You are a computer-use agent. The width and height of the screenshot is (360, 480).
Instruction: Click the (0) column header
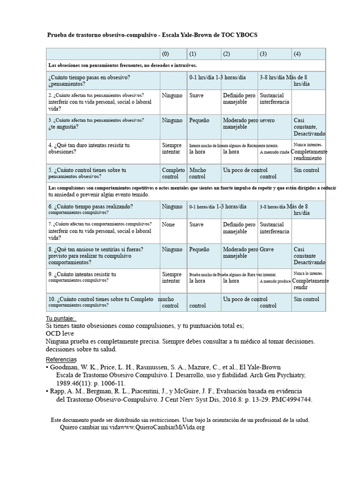pyautogui.click(x=165, y=54)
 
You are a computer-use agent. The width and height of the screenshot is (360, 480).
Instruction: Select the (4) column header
pyautogui.click(x=297, y=54)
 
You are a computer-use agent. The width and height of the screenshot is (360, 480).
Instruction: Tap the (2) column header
pyautogui.click(x=226, y=54)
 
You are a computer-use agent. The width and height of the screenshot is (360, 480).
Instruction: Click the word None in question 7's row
pyautogui.click(x=168, y=225)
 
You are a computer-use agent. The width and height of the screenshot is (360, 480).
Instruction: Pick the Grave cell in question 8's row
pyautogui.click(x=267, y=249)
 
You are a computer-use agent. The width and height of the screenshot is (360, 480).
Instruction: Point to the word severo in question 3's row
pyautogui.click(x=267, y=120)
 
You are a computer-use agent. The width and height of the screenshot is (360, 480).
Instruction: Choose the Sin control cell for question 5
pyautogui.click(x=307, y=170)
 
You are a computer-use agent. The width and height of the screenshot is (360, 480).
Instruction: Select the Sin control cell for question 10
pyautogui.click(x=307, y=299)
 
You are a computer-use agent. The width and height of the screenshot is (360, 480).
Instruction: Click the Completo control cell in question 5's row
pyautogui.click(x=173, y=173)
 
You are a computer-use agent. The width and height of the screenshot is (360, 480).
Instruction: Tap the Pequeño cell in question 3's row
pyautogui.click(x=199, y=120)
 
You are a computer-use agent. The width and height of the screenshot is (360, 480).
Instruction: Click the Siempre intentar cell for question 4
pyautogui.click(x=172, y=149)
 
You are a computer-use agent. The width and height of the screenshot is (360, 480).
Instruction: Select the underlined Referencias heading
pyautogui.click(x=61, y=359)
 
